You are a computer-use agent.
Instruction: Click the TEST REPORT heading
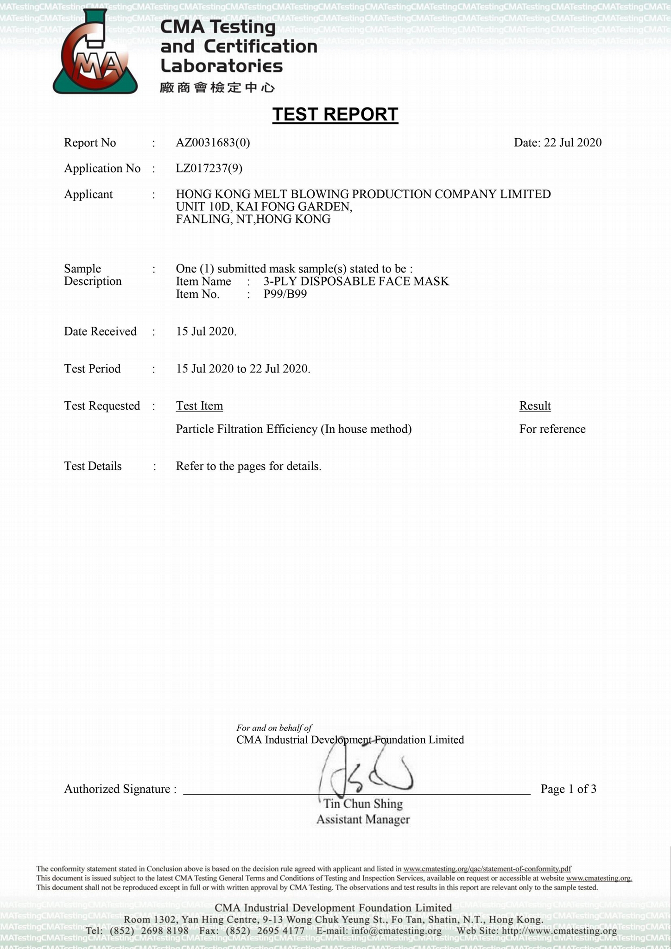tap(335, 114)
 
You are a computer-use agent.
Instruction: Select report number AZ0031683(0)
tap(213, 143)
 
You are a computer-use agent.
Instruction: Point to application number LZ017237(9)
tap(209, 168)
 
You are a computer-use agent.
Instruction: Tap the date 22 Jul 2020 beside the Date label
tap(572, 143)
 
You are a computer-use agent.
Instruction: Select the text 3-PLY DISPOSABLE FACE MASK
tap(356, 281)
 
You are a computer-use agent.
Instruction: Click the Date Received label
tap(100, 331)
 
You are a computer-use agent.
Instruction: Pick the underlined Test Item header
tap(199, 406)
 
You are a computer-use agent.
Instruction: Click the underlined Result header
tap(535, 406)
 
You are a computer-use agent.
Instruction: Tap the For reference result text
tap(552, 429)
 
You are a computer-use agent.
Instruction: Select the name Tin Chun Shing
tap(363, 803)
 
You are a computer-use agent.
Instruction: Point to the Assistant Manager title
tap(363, 819)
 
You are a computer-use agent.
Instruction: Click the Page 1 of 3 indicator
tap(568, 789)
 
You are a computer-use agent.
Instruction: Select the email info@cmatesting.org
tap(396, 931)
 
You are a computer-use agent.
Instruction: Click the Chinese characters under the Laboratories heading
tap(217, 87)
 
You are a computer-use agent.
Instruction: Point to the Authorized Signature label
tap(120, 789)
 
